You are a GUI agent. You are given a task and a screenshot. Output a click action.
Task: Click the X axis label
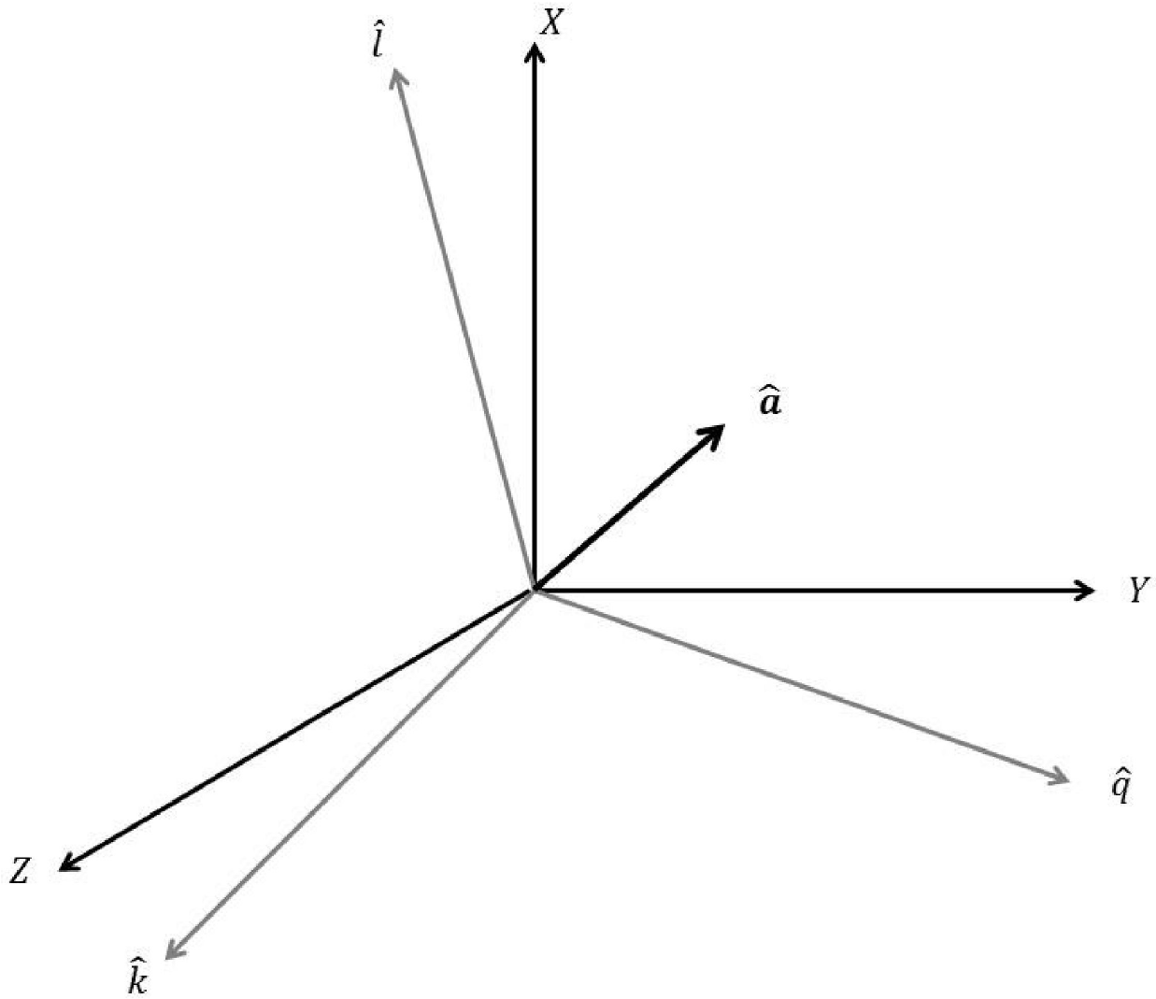(x=553, y=23)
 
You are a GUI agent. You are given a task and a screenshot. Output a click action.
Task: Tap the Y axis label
(x=1137, y=590)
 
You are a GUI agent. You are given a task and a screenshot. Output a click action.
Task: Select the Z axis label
(x=21, y=872)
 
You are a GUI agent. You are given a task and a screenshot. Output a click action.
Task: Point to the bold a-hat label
(x=770, y=403)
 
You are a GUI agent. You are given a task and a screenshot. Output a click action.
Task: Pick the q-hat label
(x=1120, y=788)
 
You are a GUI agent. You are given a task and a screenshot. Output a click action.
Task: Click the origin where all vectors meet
(x=534, y=590)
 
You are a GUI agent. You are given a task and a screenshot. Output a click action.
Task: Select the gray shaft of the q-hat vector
(x=794, y=682)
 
